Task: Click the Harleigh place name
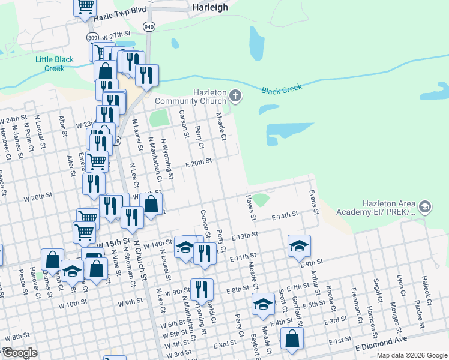click(x=211, y=8)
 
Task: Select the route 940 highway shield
click(x=149, y=27)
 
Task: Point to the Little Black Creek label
click(x=54, y=64)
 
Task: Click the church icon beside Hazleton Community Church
click(x=237, y=95)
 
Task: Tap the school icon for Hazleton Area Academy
click(x=425, y=207)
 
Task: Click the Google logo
click(x=20, y=353)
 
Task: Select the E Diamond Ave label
click(x=381, y=343)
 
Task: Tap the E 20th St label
click(x=199, y=162)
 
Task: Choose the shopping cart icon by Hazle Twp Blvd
click(x=85, y=6)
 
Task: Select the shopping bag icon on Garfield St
click(x=292, y=338)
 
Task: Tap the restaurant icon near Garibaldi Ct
click(x=202, y=290)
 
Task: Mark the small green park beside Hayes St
click(x=260, y=199)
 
